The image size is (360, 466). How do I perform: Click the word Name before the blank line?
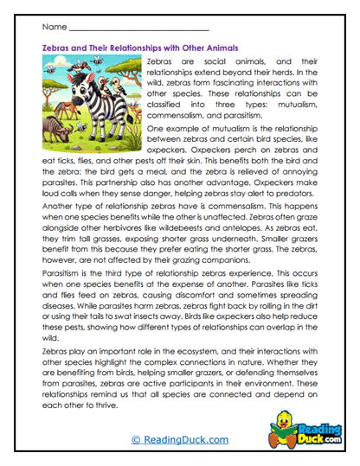[51, 27]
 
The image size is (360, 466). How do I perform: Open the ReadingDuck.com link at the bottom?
[181, 440]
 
